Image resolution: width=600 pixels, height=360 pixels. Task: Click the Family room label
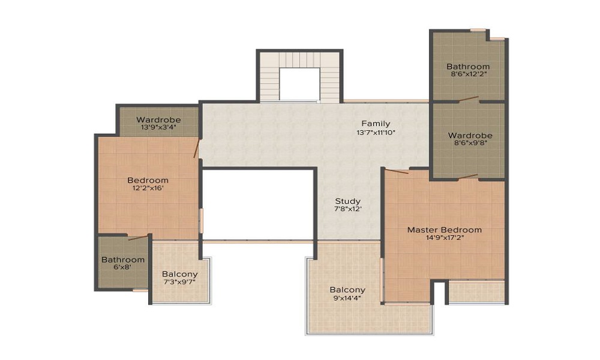(x=376, y=124)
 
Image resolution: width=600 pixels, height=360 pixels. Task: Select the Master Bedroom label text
(x=444, y=229)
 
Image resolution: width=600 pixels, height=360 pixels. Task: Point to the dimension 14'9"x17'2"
(x=444, y=238)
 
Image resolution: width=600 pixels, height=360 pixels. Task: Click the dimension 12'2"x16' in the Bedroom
(x=148, y=188)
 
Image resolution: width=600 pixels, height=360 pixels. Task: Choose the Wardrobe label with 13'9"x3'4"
(x=158, y=119)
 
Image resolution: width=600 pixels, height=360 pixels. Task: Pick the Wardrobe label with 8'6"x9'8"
(x=470, y=136)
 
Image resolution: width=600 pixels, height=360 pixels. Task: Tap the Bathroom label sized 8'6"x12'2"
(x=468, y=66)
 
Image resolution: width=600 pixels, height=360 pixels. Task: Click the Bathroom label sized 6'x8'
(x=122, y=260)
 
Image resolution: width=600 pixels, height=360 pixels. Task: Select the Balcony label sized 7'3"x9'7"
(x=179, y=274)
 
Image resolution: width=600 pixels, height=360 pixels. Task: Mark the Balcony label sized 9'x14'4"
(x=347, y=290)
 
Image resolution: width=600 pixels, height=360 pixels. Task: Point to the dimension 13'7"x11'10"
(x=376, y=132)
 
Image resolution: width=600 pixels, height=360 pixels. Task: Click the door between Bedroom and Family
(x=196, y=148)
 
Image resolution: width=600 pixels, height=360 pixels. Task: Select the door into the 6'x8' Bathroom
(x=137, y=238)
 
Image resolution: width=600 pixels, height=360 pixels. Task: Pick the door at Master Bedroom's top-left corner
(x=397, y=172)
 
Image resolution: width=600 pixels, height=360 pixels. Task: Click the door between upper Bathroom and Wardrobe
(x=469, y=99)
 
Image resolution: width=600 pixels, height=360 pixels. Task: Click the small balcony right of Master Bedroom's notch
(x=476, y=292)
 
